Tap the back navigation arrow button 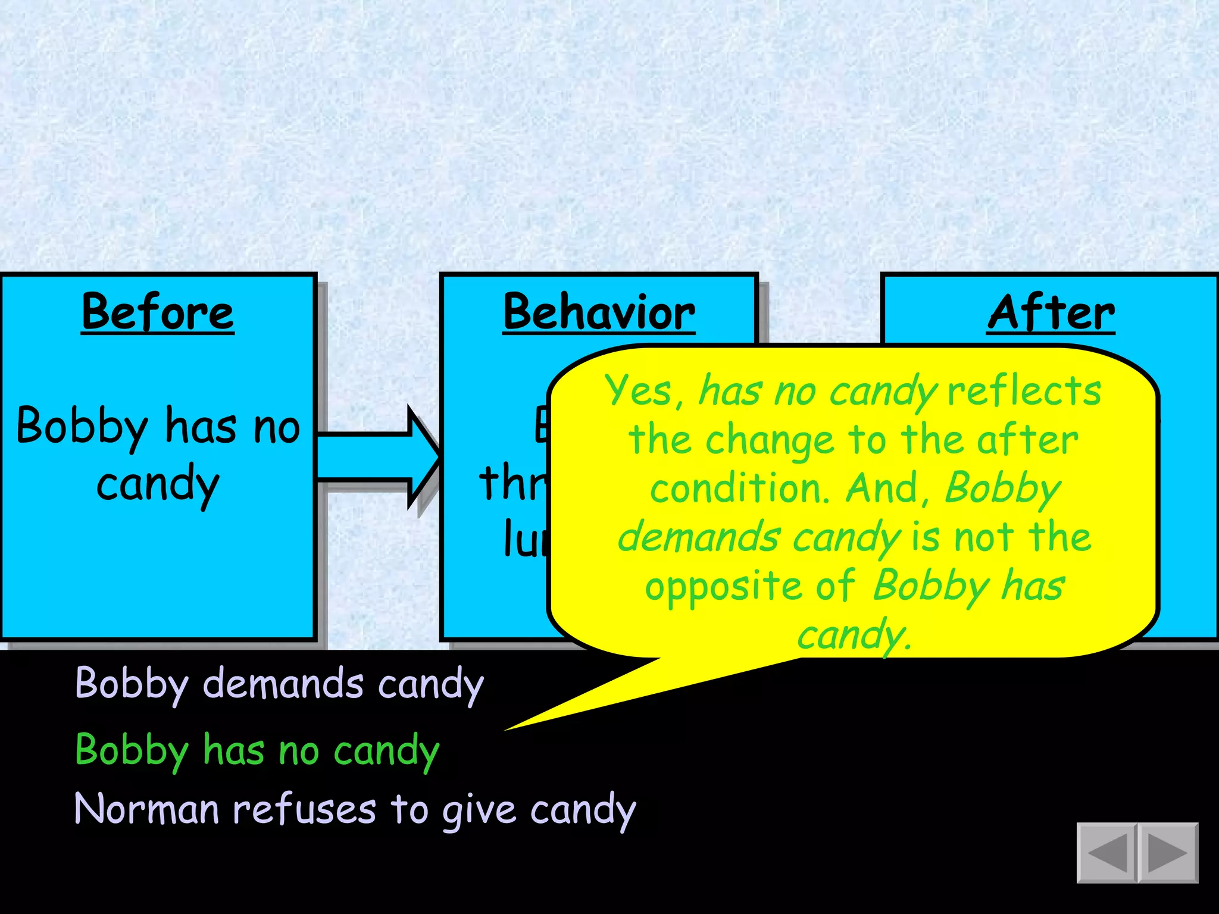(x=1107, y=853)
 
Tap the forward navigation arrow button (x=1168, y=853)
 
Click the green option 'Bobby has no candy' (x=257, y=751)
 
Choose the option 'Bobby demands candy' (x=279, y=684)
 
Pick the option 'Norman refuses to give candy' (x=355, y=810)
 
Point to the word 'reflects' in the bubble (x=1024, y=392)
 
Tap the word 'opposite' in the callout (x=724, y=587)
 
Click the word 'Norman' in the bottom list (x=146, y=810)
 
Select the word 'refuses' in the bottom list (x=304, y=810)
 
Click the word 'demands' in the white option (x=283, y=684)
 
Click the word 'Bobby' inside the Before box (x=82, y=427)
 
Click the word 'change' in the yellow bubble (x=770, y=441)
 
